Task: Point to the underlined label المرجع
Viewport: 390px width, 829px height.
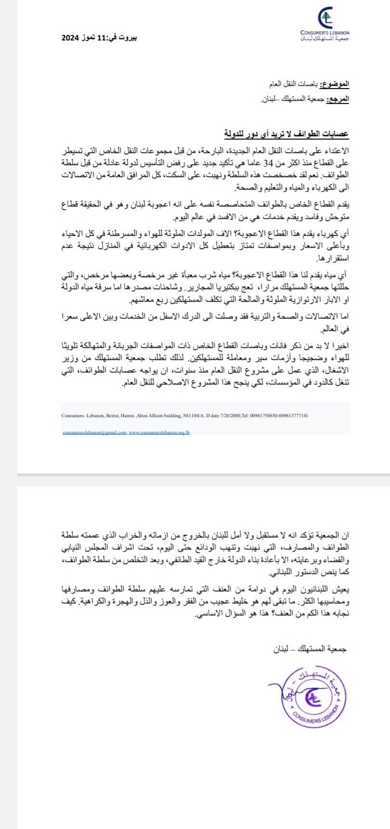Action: coord(337,100)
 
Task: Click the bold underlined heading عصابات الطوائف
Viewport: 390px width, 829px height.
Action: coord(319,133)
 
